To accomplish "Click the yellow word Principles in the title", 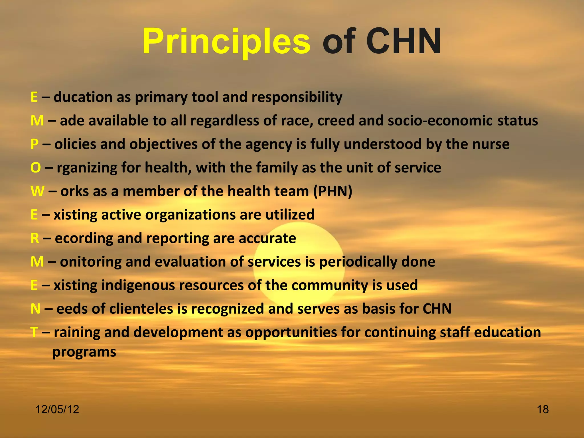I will click(x=226, y=42).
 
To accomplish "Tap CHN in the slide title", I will click(x=404, y=42).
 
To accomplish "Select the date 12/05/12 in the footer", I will click(x=57, y=409).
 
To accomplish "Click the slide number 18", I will click(x=543, y=409).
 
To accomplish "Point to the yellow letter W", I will click(x=37, y=191).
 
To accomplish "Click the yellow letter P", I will click(x=35, y=144).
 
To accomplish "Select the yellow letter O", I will click(x=36, y=168).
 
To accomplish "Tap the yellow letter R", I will click(x=35, y=238).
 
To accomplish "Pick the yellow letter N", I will click(x=35, y=309).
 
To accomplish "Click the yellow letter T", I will click(x=34, y=332).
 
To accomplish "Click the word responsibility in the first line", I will click(x=297, y=97).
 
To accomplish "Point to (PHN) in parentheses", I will click(x=333, y=191).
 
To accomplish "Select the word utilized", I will click(x=290, y=214).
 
